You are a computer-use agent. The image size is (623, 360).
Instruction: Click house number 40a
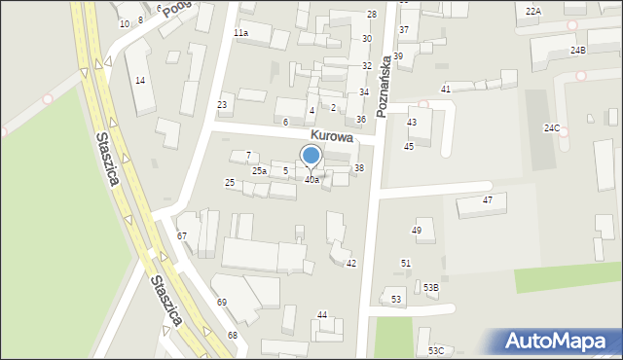click(311, 180)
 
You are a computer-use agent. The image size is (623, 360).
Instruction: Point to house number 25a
click(259, 171)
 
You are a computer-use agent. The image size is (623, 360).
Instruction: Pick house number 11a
click(240, 32)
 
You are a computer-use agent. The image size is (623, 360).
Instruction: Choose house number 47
click(488, 200)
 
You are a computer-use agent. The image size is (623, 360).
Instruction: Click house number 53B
click(430, 288)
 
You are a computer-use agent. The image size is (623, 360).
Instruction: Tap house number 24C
click(552, 128)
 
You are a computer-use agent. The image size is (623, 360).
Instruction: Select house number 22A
click(532, 11)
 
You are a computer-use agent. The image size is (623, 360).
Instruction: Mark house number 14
click(140, 80)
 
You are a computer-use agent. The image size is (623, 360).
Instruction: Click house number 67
click(182, 236)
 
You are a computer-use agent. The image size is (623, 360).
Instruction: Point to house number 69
click(222, 303)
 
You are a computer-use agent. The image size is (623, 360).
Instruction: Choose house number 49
click(417, 231)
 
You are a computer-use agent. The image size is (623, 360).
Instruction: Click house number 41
click(445, 90)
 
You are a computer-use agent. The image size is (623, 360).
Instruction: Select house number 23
click(222, 104)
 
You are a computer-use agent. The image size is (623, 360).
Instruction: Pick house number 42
click(351, 264)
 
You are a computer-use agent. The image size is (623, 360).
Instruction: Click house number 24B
click(578, 50)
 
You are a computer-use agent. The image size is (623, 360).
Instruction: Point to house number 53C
click(436, 350)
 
